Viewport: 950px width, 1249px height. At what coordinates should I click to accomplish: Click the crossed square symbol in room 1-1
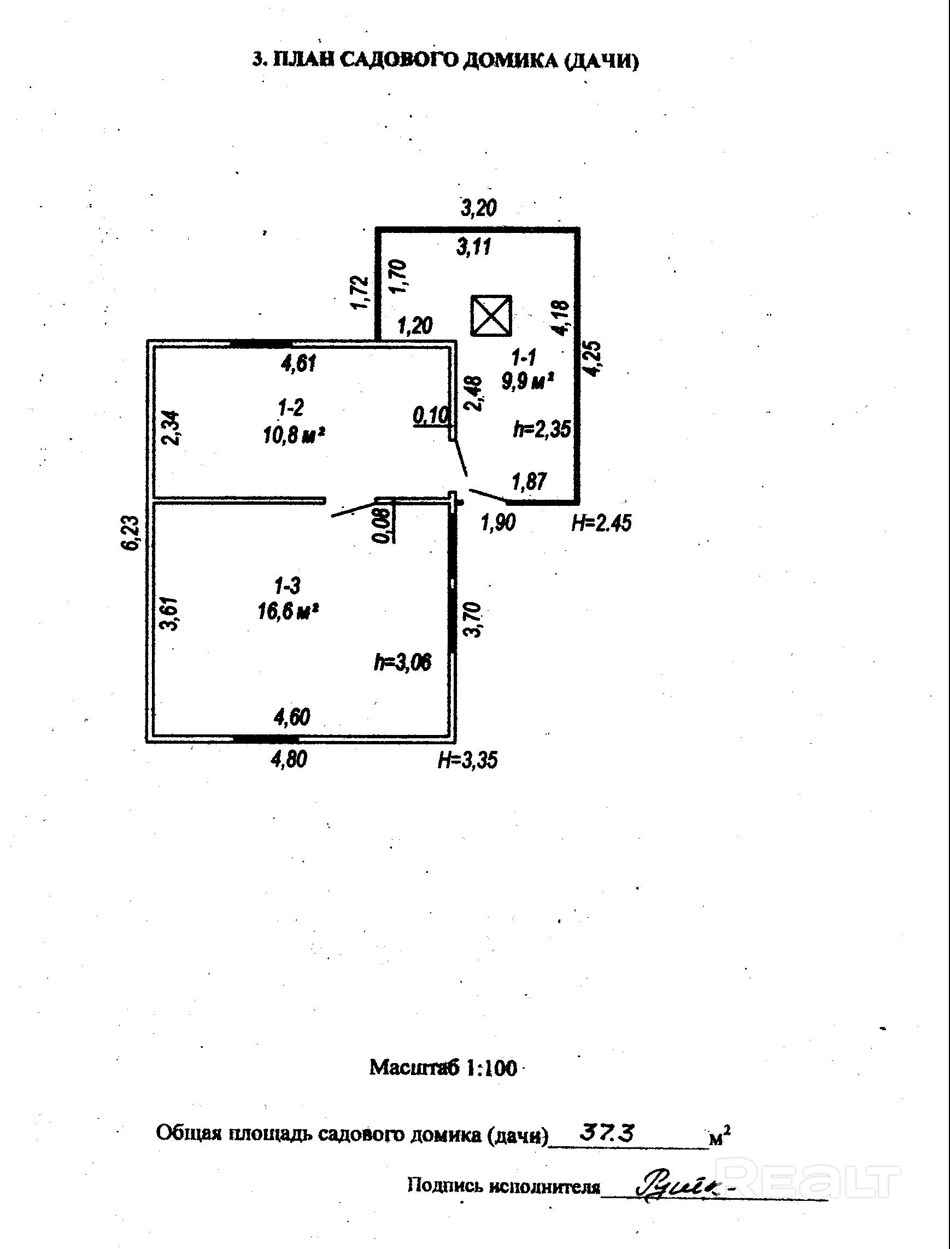[491, 316]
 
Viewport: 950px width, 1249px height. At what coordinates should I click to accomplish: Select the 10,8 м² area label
[294, 435]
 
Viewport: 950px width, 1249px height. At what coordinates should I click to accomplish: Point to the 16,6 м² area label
[288, 611]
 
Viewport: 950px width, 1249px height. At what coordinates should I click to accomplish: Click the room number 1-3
[288, 585]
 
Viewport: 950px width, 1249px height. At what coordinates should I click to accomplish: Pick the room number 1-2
[291, 407]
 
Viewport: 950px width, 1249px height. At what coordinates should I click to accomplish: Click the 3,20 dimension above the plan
[478, 208]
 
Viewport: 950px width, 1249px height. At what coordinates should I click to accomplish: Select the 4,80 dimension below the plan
[289, 759]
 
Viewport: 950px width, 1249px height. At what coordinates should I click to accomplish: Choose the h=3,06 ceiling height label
[403, 662]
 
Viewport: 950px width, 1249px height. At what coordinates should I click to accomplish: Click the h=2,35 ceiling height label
[542, 429]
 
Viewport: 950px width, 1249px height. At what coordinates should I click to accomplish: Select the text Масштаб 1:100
[443, 1068]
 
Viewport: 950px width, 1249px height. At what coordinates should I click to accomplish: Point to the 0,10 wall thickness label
[431, 416]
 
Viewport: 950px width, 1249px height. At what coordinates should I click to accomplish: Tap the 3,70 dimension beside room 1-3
[474, 620]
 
